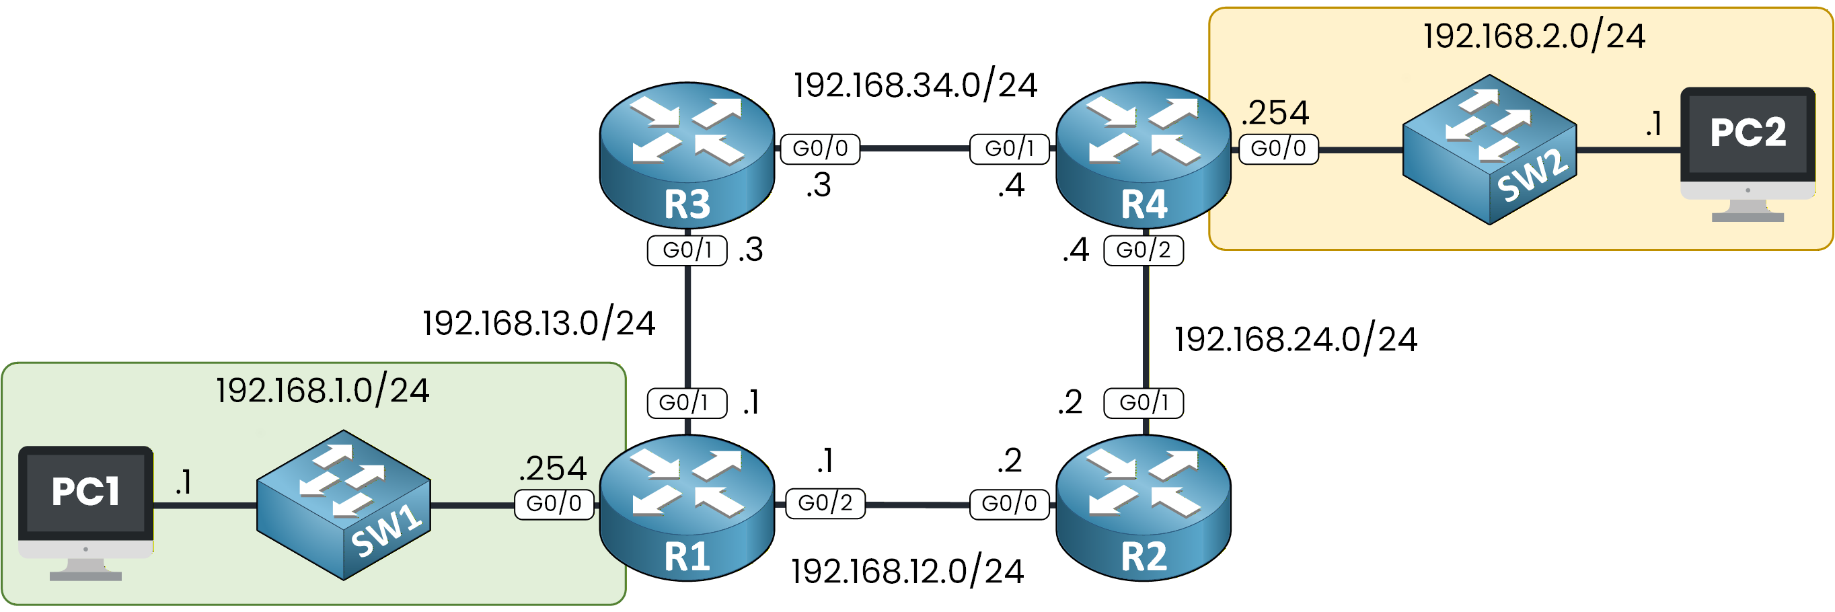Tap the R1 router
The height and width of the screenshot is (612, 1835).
[687, 507]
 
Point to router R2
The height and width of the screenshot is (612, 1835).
[1143, 507]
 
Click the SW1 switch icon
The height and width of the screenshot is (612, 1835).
[343, 504]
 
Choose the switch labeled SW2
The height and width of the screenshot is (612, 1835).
[1489, 149]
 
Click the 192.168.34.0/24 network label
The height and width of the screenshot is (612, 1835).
[915, 85]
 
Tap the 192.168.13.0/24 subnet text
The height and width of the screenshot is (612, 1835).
[539, 323]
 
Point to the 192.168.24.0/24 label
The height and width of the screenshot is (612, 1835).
[1295, 339]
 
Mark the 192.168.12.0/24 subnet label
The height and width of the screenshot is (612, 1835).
[907, 572]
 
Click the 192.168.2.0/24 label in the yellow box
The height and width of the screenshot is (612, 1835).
[1534, 36]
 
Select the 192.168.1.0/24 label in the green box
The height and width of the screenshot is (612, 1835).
[323, 391]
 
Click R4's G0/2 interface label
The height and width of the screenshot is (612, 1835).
[1144, 250]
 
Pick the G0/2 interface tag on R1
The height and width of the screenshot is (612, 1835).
[825, 503]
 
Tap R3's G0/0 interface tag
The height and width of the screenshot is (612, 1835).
[820, 148]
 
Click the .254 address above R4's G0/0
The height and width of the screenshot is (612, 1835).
[1275, 112]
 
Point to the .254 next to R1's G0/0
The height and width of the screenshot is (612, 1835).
[552, 469]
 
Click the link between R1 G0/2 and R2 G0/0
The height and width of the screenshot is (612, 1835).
[917, 504]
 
